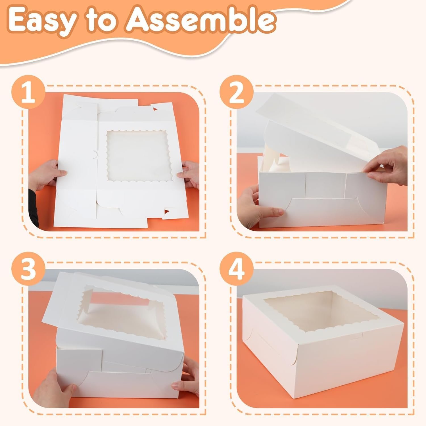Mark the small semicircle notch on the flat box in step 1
click(x=95, y=155)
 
